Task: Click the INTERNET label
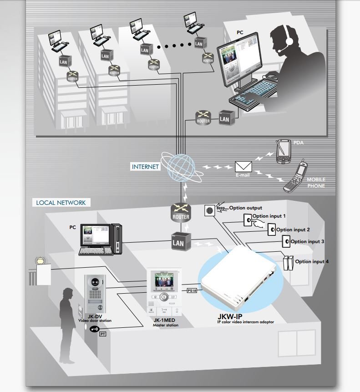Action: point(146,167)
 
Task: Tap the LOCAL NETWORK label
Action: point(61,203)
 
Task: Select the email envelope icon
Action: point(243,167)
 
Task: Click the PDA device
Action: point(283,153)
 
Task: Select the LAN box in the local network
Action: point(178,242)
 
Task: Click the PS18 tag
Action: point(192,290)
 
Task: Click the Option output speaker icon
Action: point(210,211)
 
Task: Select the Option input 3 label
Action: point(307,242)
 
